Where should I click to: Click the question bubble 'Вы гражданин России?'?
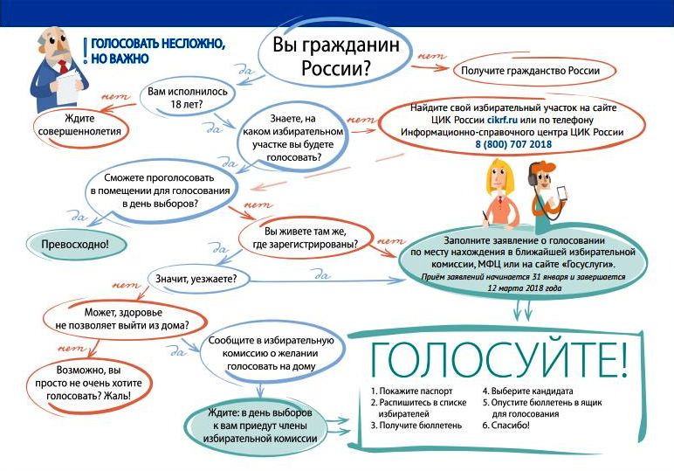[x=335, y=56]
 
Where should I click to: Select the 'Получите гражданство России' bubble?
[x=533, y=71]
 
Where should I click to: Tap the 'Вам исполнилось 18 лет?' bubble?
[x=188, y=98]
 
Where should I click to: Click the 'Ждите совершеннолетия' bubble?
[x=81, y=125]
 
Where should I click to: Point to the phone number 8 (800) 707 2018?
[x=513, y=144]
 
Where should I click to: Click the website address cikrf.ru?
[x=502, y=120]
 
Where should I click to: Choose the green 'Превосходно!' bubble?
[x=76, y=245]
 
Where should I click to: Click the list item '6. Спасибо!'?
[x=505, y=426]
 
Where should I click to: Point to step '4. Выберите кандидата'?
[x=527, y=391]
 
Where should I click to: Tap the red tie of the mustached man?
[x=64, y=67]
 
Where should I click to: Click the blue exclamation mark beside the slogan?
[x=85, y=52]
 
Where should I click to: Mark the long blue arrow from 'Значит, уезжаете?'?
[x=327, y=281]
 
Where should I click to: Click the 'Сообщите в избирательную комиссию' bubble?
[x=272, y=354]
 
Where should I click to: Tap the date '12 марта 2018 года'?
[x=525, y=287]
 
